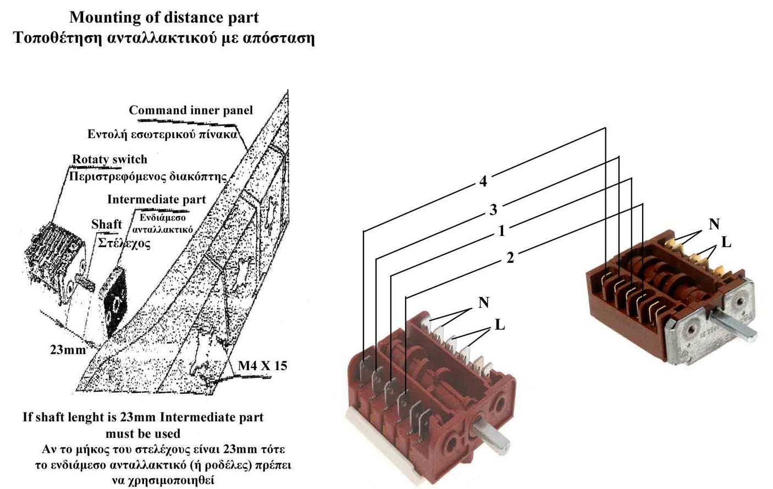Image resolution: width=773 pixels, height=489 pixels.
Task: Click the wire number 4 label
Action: [x=483, y=181]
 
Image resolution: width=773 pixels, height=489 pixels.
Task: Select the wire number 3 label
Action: [x=493, y=210]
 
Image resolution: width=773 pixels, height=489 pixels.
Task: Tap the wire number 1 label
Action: [x=501, y=231]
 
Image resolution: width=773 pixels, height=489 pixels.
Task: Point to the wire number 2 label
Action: [x=510, y=257]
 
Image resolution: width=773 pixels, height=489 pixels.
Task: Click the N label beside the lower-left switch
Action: [x=483, y=303]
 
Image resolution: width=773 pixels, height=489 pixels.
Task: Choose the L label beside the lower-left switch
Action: [x=499, y=325]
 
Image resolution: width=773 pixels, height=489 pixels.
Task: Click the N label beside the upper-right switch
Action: [x=714, y=224]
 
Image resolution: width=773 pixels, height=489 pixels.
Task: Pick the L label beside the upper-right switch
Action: [x=726, y=242]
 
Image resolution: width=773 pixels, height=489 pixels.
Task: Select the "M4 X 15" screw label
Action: [x=262, y=366]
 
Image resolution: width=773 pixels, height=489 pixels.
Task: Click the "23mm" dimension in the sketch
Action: [x=68, y=350]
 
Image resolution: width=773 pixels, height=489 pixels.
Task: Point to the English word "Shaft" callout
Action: [x=107, y=224]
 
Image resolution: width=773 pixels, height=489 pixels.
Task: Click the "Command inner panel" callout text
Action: [x=191, y=110]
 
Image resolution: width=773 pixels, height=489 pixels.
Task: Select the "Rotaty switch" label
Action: [x=110, y=160]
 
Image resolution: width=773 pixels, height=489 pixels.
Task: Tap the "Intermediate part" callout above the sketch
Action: [x=156, y=199]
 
